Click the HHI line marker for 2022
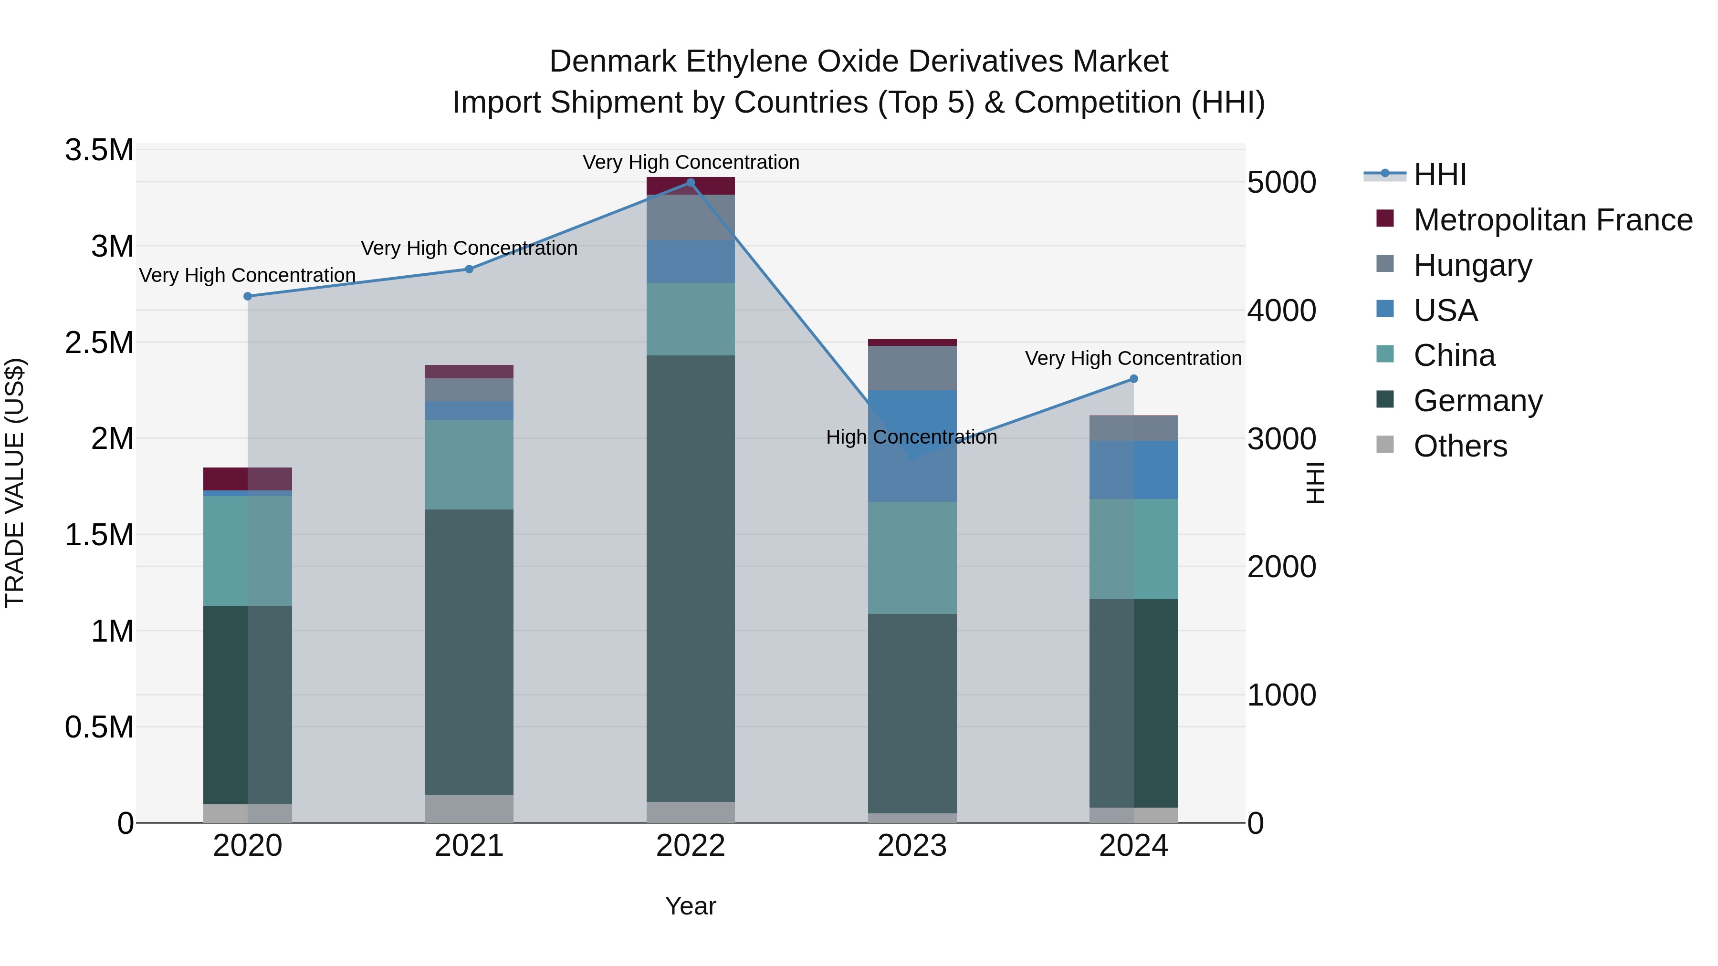coord(690,183)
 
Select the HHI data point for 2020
coord(247,296)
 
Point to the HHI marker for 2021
coord(469,270)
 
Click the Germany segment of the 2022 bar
coord(690,578)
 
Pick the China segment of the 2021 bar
coord(469,465)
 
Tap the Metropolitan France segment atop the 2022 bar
coord(690,186)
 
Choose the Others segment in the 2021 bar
coord(469,808)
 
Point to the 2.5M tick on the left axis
coord(99,343)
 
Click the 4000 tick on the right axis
coord(1281,311)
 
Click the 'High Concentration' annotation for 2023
coord(911,437)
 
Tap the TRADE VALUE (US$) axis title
coord(15,483)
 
